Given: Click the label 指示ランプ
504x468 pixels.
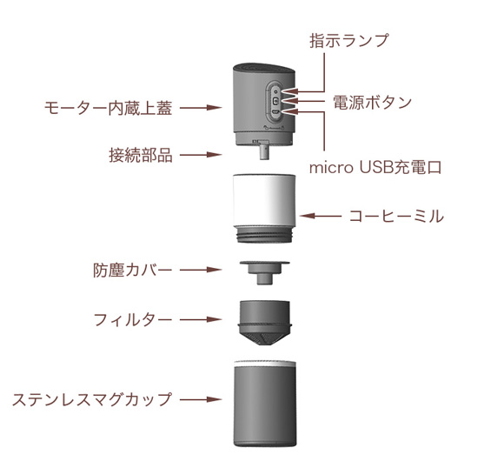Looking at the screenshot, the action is click(x=349, y=41).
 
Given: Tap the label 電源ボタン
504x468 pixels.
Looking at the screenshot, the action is click(x=372, y=103).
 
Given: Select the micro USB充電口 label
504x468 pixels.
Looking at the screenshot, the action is click(x=375, y=167).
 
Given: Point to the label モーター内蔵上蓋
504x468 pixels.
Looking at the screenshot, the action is click(x=108, y=108).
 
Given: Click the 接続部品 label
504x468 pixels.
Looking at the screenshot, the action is click(x=141, y=155).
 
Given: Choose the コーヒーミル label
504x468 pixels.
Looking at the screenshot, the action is click(x=396, y=216).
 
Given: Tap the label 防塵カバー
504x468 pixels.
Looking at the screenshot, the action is click(x=132, y=270).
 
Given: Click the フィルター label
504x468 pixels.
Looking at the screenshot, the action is click(x=133, y=320).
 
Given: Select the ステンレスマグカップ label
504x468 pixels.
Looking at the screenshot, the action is click(x=92, y=400).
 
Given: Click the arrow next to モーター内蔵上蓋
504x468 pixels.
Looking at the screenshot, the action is click(x=201, y=108).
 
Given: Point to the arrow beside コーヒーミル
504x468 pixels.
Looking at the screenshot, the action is click(x=320, y=216).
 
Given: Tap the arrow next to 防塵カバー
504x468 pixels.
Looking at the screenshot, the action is click(x=201, y=270).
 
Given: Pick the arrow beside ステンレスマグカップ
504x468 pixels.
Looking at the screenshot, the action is click(x=201, y=400).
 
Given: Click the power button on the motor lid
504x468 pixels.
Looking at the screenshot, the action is click(x=275, y=101).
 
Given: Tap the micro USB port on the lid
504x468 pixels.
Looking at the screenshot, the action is click(x=275, y=112).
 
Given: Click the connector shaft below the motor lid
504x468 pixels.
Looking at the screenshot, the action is click(x=264, y=150).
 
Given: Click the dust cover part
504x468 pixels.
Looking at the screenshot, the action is click(x=264, y=273).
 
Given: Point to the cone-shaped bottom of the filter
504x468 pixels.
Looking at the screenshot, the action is click(x=264, y=337).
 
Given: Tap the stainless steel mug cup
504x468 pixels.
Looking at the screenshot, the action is click(x=265, y=404).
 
